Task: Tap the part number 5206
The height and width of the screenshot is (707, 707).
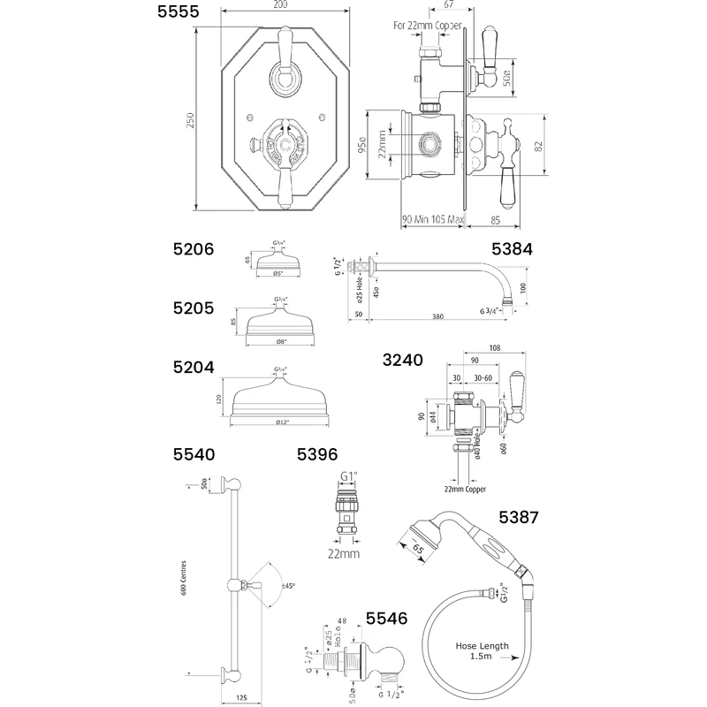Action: click(x=194, y=250)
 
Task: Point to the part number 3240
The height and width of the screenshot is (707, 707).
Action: click(x=402, y=361)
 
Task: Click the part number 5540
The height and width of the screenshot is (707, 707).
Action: click(x=194, y=455)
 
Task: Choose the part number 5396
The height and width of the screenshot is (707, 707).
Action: click(x=317, y=455)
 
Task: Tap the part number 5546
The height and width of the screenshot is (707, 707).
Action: click(x=387, y=620)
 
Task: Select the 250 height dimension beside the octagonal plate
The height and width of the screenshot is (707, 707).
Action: click(x=189, y=120)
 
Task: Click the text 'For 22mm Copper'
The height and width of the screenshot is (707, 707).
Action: click(x=428, y=26)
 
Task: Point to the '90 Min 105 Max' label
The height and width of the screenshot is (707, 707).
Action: click(x=433, y=219)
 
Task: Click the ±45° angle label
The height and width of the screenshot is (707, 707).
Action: click(x=288, y=586)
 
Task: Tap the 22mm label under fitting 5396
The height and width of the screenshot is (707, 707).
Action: click(x=345, y=554)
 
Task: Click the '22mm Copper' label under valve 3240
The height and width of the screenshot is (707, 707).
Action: click(x=466, y=490)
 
